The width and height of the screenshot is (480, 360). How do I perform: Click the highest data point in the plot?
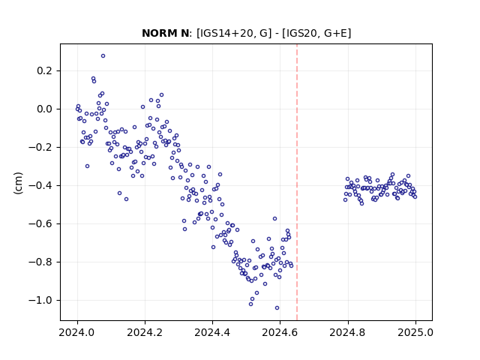[x=103, y=56]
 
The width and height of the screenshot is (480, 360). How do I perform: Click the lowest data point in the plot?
[x=277, y=308]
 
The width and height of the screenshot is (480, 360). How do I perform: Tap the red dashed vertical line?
[x=297, y=182]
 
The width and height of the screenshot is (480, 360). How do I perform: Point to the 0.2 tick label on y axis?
[x=45, y=71]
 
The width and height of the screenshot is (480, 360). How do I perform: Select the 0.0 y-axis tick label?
[x=45, y=109]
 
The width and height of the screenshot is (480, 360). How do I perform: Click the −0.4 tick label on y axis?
[x=40, y=186]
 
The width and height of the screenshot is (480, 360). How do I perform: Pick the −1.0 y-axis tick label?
[x=40, y=301]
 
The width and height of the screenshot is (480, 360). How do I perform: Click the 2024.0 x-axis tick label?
[x=77, y=332]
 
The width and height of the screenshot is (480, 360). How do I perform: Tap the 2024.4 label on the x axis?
[x=212, y=332]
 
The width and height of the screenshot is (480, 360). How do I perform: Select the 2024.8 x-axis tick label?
[x=348, y=332]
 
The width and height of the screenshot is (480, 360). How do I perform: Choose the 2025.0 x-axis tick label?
[x=415, y=332]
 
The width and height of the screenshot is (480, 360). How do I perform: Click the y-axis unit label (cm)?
[x=18, y=183]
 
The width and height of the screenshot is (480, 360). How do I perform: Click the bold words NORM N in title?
[x=165, y=33]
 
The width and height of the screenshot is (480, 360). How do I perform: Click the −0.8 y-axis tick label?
[x=40, y=262]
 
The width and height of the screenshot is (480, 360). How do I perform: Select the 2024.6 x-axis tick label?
[x=280, y=332]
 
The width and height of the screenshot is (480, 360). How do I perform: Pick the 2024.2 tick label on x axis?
[x=145, y=332]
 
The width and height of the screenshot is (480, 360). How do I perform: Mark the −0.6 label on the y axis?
[x=40, y=224]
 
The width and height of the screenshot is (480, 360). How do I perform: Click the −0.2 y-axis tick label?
[x=40, y=148]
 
